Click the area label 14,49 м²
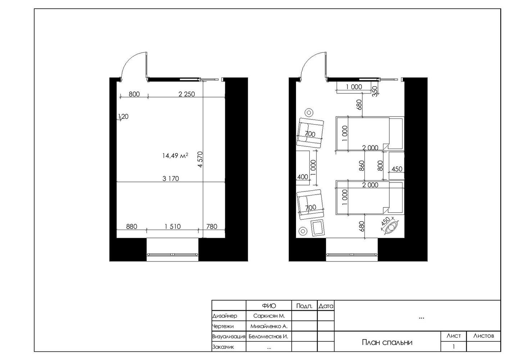point(175,156)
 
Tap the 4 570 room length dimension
point(200,159)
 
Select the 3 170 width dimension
point(171,179)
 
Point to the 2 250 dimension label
point(187,94)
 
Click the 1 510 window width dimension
point(172,226)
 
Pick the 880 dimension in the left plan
point(132,226)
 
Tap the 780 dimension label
point(212,226)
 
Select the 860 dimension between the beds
point(362,166)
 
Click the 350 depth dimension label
point(375,91)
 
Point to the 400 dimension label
point(303,177)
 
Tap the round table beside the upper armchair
point(309,112)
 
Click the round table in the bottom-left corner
point(303,231)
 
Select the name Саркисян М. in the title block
point(269,316)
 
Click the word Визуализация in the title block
point(229,336)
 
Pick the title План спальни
point(387,342)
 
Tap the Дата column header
point(326,306)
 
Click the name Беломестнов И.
point(268,336)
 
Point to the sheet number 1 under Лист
point(454,347)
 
